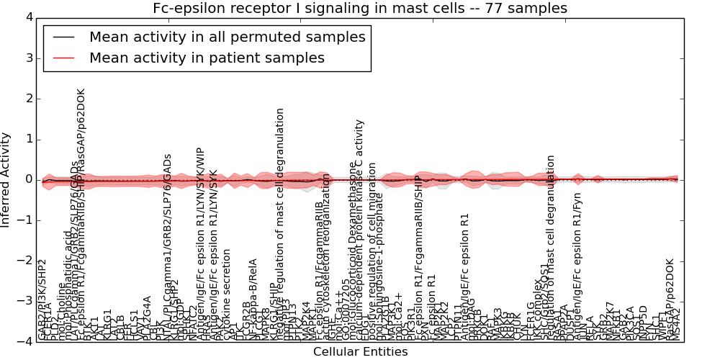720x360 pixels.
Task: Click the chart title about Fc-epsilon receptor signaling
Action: point(360,8)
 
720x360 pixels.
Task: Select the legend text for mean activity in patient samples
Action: point(207,58)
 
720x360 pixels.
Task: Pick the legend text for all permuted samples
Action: point(227,37)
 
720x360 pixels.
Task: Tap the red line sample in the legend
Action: point(63,58)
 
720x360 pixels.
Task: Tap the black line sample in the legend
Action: point(63,37)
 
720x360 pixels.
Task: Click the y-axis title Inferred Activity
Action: point(6,179)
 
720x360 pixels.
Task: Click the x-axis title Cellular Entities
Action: point(360,351)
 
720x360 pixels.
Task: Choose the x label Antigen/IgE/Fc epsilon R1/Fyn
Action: point(577,266)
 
